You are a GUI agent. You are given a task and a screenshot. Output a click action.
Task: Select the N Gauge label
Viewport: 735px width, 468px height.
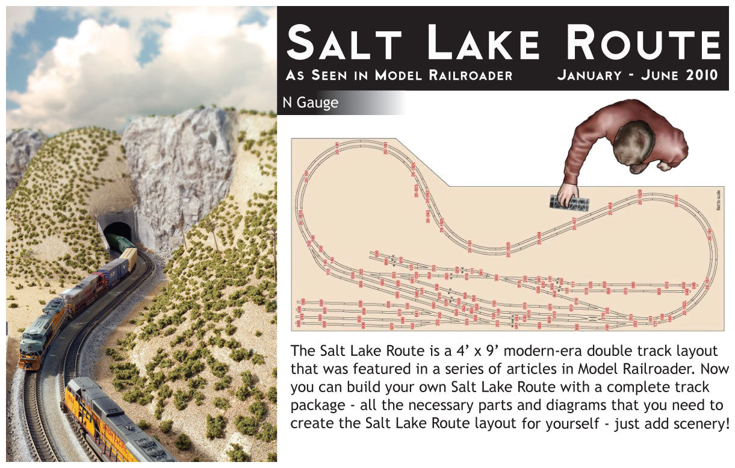(311, 103)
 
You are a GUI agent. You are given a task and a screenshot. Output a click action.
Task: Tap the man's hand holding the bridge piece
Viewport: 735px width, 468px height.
(566, 195)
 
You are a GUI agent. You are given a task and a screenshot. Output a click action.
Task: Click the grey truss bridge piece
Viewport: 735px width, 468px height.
(569, 203)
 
